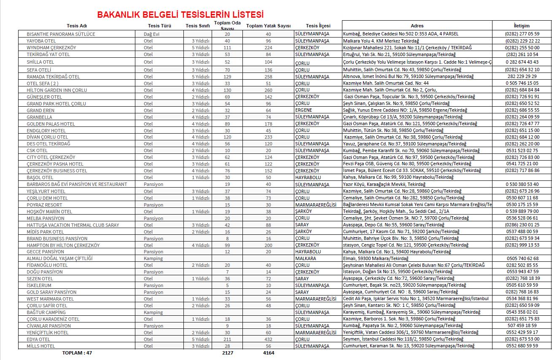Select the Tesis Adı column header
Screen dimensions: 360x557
point(80,26)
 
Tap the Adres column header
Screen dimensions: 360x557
point(417,26)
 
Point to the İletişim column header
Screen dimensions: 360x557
point(522,26)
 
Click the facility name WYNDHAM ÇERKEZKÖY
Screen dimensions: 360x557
point(51,48)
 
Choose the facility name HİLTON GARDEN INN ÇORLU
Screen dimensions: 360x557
point(57,90)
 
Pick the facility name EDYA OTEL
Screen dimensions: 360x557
point(38,339)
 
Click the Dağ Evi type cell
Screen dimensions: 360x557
point(151,34)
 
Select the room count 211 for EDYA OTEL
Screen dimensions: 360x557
point(227,339)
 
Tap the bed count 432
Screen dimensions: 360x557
point(268,339)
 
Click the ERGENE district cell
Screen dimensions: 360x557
point(304,110)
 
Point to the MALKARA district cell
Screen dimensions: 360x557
point(305,258)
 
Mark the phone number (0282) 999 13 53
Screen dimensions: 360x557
point(522,245)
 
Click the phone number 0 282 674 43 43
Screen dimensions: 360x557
point(522,62)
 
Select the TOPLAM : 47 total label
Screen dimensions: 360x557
point(77,353)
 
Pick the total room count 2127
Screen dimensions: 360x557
point(227,353)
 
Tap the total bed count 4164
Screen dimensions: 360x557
point(268,353)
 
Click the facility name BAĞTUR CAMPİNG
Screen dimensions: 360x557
point(46,312)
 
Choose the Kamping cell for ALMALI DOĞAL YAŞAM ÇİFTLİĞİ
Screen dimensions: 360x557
point(153,258)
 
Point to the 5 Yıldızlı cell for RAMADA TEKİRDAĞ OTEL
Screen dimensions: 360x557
point(200,77)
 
